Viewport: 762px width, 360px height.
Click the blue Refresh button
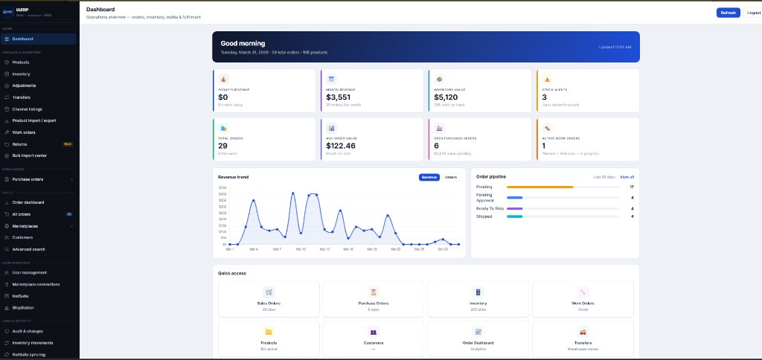click(728, 13)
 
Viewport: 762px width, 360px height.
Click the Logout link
click(753, 13)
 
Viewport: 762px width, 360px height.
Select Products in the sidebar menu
click(21, 62)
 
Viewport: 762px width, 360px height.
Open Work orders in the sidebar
click(24, 132)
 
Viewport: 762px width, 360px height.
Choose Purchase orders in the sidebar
click(28, 179)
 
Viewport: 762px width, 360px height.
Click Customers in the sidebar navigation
click(22, 237)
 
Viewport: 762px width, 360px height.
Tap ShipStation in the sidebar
click(23, 307)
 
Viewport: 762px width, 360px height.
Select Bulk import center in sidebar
click(30, 155)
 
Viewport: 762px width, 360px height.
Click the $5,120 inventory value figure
click(446, 97)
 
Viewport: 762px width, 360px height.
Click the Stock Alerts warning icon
click(547, 79)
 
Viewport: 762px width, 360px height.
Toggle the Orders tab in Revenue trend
click(451, 177)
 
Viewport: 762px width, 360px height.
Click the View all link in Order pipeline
click(627, 177)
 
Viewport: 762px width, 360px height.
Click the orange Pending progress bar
click(540, 187)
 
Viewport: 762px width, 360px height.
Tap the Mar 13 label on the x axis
click(324, 249)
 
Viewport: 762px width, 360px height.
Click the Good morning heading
click(243, 43)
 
